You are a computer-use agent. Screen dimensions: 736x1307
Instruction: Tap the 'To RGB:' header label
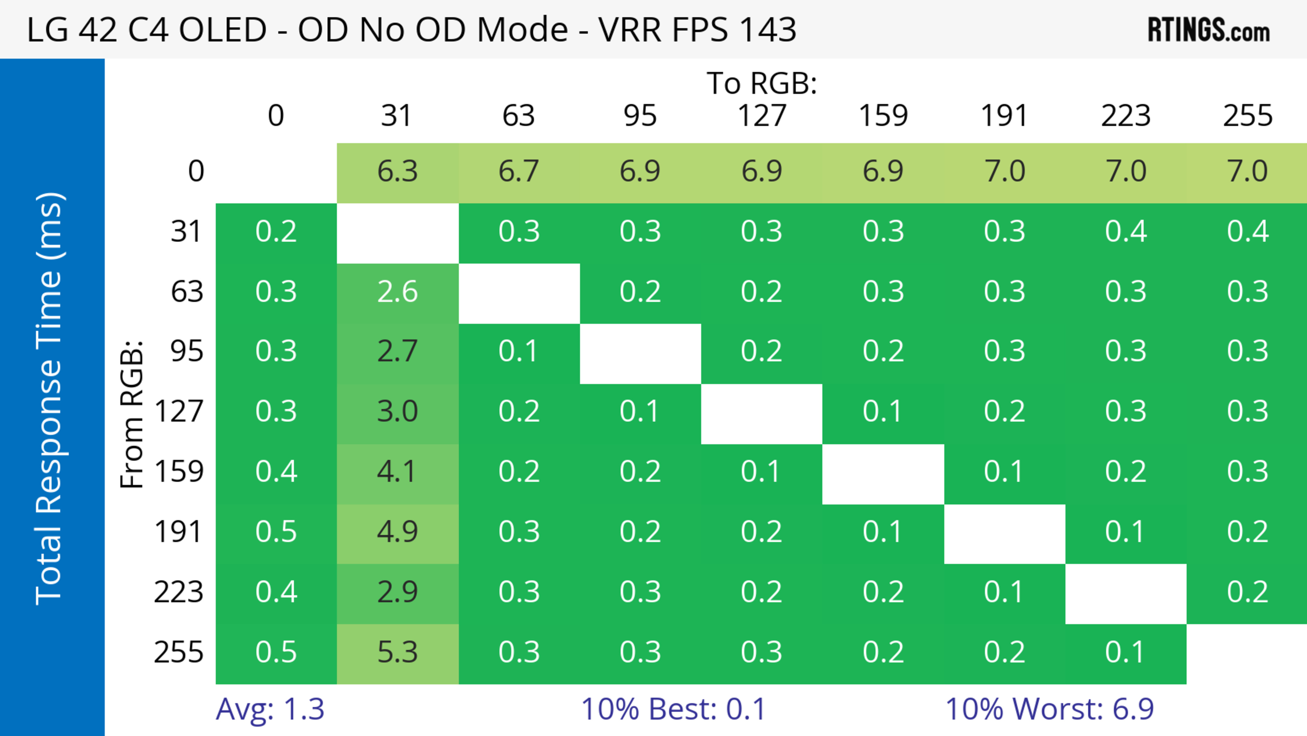tap(762, 83)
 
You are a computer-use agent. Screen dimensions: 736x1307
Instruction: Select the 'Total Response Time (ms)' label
tap(50, 398)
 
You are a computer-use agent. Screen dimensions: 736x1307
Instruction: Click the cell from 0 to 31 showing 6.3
tap(397, 171)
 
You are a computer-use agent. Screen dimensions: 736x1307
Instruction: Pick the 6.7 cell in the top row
tap(518, 171)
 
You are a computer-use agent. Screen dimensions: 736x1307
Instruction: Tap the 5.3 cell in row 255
tap(397, 652)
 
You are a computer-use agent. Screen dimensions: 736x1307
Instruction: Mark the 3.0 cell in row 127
tap(397, 411)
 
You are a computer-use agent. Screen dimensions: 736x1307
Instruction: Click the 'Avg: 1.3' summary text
tap(270, 709)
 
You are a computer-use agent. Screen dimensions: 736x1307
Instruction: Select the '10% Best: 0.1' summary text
tap(673, 709)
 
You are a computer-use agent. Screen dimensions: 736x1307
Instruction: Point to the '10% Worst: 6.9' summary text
tap(1049, 709)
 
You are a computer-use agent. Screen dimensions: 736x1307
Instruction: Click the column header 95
tap(640, 116)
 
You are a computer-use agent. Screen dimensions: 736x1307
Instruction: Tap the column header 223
tap(1125, 116)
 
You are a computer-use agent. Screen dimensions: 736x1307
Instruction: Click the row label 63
tap(187, 292)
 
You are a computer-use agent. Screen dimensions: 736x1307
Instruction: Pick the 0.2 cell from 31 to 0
tap(276, 232)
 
